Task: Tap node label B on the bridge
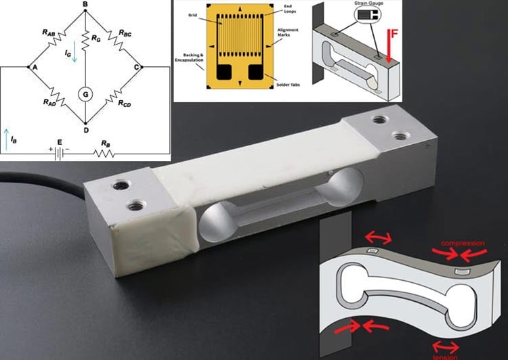point(85,5)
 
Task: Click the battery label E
point(60,141)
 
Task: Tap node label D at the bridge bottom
point(85,129)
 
